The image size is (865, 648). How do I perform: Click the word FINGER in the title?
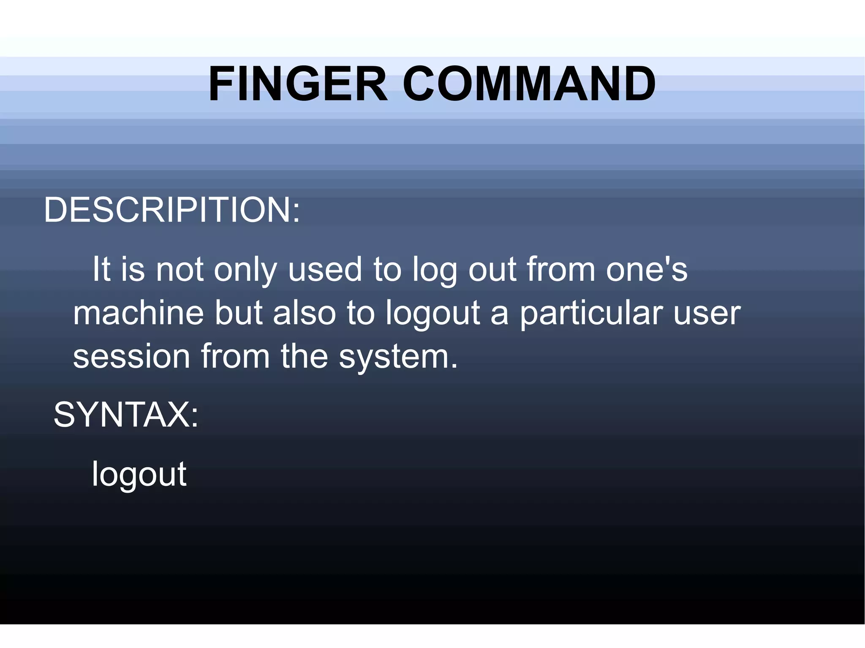coord(298,84)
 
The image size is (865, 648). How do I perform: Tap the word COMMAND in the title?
coord(529,84)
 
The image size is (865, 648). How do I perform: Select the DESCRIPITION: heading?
coord(172,210)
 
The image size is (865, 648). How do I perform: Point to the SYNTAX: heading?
coord(126,415)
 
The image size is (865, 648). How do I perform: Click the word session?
coord(131,356)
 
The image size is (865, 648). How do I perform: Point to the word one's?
coord(647,269)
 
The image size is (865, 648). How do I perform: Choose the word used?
coord(325,269)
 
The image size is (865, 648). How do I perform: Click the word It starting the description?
coord(101,269)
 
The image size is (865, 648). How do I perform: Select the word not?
coord(180,269)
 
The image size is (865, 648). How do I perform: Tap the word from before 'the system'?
coord(235,356)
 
